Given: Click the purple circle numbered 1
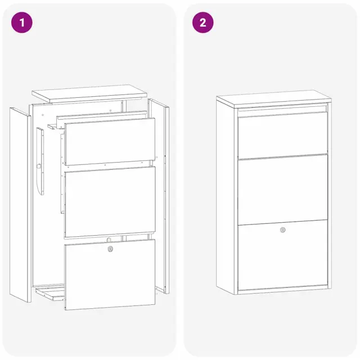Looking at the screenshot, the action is pyautogui.click(x=22, y=22).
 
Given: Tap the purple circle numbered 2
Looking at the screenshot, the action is pyautogui.click(x=202, y=22).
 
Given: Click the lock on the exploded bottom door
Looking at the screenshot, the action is pyautogui.click(x=110, y=249).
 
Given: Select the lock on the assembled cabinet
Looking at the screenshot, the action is pyautogui.click(x=282, y=230).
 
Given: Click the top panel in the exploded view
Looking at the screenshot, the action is pyautogui.click(x=89, y=93).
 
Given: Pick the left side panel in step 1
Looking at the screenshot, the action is pyautogui.click(x=20, y=205).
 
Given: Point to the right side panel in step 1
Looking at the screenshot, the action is pyautogui.click(x=159, y=196).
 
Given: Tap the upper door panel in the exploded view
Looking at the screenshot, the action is pyautogui.click(x=110, y=141).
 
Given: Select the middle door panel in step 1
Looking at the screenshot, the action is pyautogui.click(x=110, y=202).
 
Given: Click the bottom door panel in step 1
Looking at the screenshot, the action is pyautogui.click(x=110, y=274).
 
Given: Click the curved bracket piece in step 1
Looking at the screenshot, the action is pyautogui.click(x=40, y=161).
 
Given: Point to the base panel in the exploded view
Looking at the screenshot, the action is pyautogui.click(x=50, y=294).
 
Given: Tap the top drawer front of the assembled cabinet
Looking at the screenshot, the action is pyautogui.click(x=282, y=135).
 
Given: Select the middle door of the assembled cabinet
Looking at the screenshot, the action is pyautogui.click(x=282, y=190).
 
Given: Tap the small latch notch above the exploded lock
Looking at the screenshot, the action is pyautogui.click(x=109, y=240).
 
